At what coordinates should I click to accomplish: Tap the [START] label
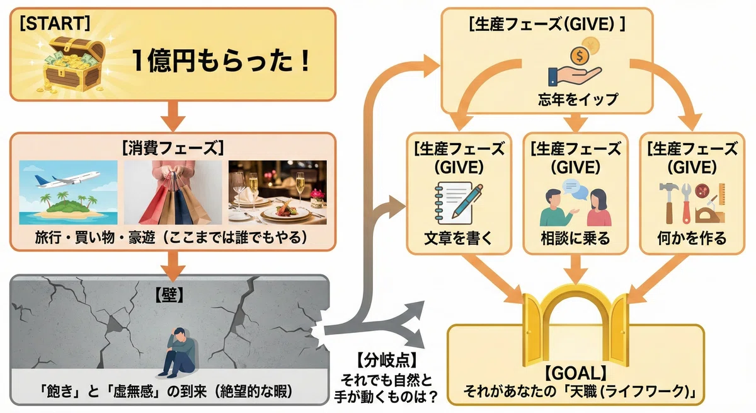click(x=55, y=23)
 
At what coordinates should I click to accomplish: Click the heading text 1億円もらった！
click(x=221, y=61)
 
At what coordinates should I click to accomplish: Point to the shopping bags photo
click(x=173, y=192)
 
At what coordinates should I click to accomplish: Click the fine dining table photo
click(x=277, y=192)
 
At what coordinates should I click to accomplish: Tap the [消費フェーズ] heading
click(x=173, y=148)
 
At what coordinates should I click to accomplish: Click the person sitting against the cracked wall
click(x=178, y=352)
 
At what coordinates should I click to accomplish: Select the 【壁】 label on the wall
click(x=169, y=296)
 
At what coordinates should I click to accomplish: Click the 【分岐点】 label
click(x=386, y=360)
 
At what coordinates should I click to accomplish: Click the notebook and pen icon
click(x=459, y=203)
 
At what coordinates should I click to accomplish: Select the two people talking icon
click(x=575, y=202)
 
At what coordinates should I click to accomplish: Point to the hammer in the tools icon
click(x=669, y=202)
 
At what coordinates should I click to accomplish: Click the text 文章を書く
click(x=459, y=239)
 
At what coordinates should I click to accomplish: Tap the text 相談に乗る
click(x=575, y=239)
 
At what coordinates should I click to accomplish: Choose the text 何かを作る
click(x=692, y=239)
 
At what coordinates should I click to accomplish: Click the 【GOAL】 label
click(x=575, y=373)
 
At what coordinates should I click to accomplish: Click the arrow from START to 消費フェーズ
click(x=173, y=115)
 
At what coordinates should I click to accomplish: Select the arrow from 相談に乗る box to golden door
click(x=576, y=269)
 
